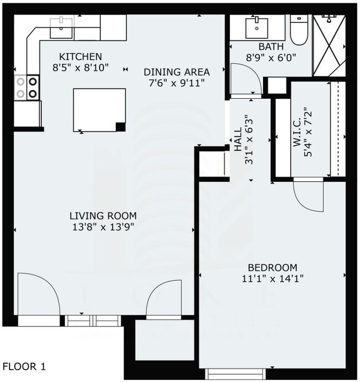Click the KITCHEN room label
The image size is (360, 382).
(x=80, y=57)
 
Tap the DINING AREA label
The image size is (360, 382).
(x=177, y=72)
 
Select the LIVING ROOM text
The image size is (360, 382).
(x=102, y=216)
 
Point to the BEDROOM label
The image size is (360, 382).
(x=272, y=267)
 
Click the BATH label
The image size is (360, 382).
(x=271, y=47)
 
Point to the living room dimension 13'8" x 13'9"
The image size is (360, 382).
(x=102, y=226)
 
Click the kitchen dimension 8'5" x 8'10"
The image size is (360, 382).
(x=80, y=68)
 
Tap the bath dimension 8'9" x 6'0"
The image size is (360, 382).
(x=271, y=57)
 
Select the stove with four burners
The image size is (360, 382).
(x=27, y=87)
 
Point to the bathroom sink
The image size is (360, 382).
(x=256, y=26)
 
